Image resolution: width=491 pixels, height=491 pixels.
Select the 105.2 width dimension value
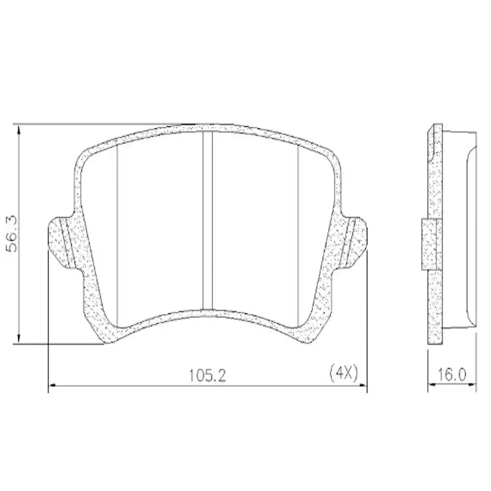207,376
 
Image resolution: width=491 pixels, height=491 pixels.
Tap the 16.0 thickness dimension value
452,376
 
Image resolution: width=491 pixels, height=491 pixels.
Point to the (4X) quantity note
343,374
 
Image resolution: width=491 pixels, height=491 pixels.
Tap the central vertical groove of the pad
207,221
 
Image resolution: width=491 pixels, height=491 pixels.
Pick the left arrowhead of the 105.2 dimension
52,385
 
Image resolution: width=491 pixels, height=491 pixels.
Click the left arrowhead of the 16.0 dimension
431,385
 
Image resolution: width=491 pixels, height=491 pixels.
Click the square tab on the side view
429,245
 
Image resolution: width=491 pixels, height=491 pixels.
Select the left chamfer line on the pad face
118,236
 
